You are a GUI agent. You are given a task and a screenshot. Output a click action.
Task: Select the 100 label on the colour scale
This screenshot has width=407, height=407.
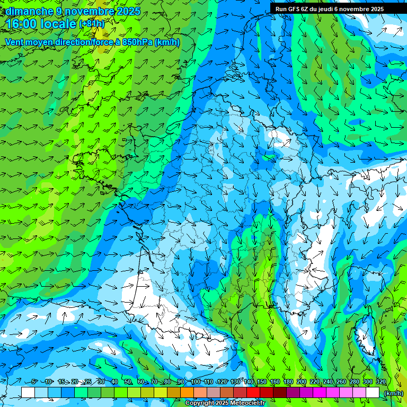point(196,382)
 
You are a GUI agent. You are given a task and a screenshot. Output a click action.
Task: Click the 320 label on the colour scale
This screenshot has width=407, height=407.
point(381,382)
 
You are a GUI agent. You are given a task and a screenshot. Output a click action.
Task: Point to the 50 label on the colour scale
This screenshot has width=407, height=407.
point(127,382)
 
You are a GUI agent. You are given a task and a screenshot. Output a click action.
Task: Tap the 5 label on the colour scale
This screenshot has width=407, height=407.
point(34,382)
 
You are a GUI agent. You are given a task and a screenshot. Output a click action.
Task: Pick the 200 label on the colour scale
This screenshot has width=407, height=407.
point(302,382)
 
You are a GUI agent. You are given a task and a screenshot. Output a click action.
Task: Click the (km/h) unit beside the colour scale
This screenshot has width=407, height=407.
point(394,393)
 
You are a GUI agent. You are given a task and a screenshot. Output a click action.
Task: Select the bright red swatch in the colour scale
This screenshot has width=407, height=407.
point(253,392)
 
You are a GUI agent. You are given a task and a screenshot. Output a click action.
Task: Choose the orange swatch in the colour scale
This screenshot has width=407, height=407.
point(187,392)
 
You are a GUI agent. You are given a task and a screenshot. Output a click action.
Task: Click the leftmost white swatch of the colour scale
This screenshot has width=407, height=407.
point(28,392)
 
